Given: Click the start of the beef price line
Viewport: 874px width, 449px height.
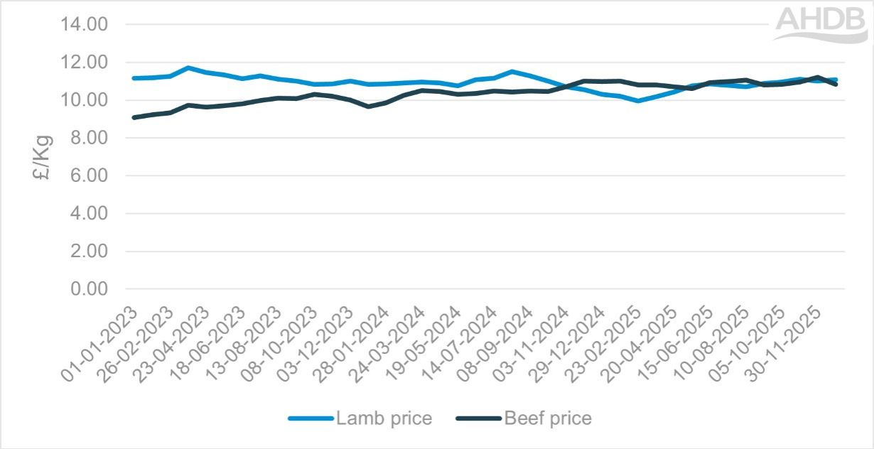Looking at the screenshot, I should pyautogui.click(x=134, y=117).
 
